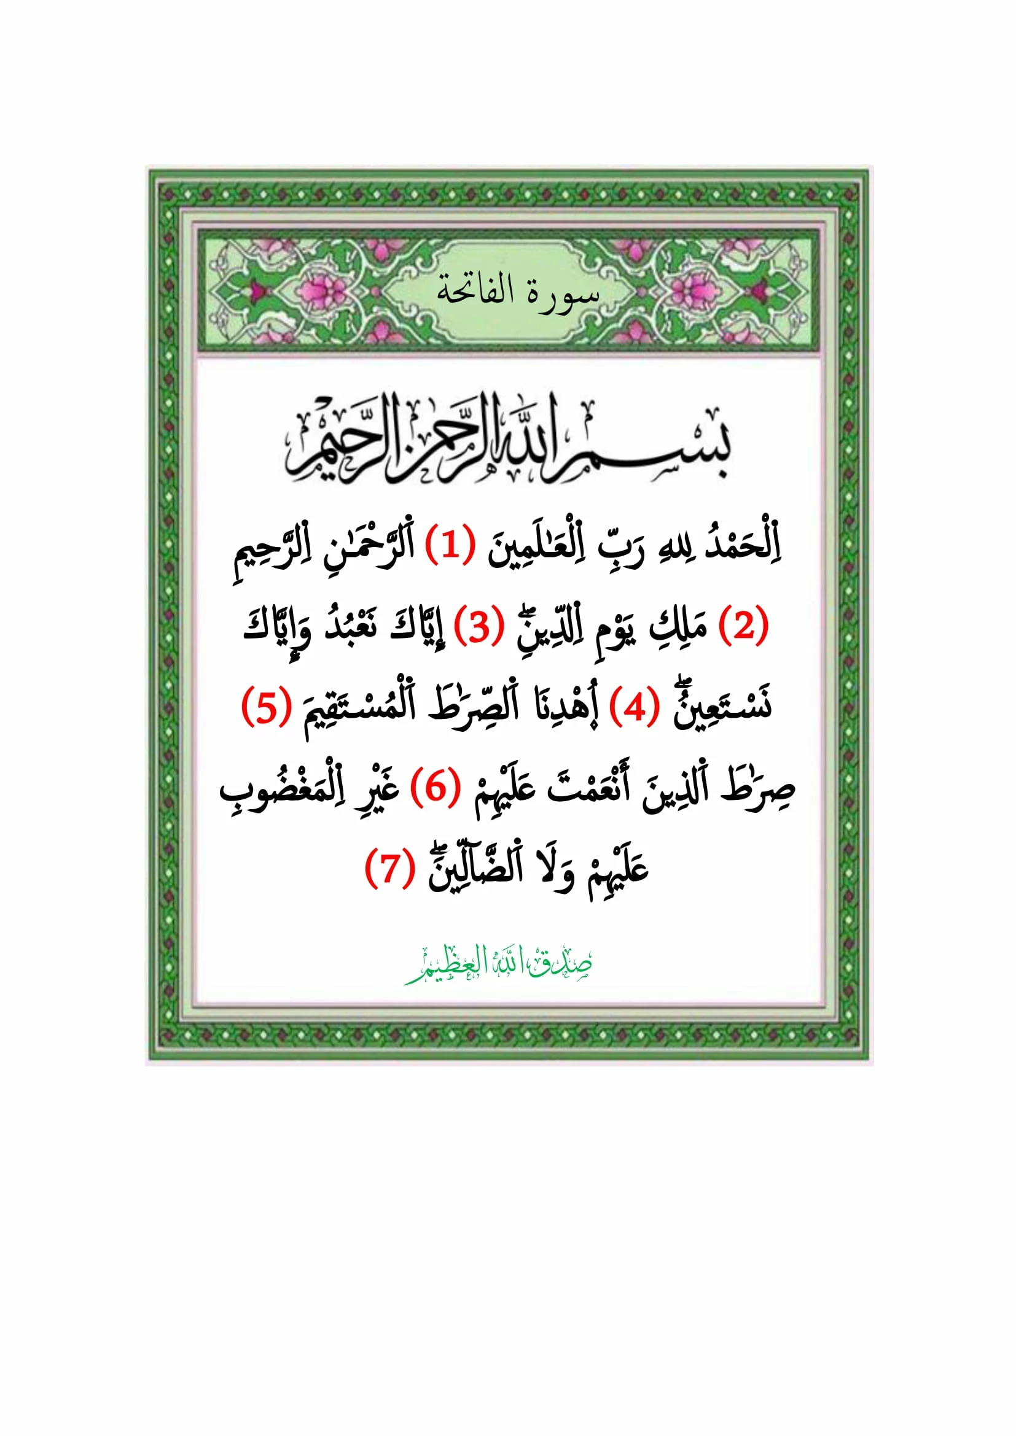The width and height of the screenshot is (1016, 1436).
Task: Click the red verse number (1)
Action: [x=448, y=546]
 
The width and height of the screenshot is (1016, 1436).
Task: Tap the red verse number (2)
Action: [x=744, y=627]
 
